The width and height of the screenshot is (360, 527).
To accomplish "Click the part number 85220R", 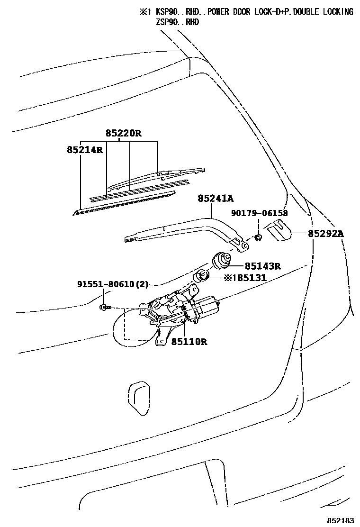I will click(x=123, y=133).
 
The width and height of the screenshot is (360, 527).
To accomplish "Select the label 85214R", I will click(x=84, y=150).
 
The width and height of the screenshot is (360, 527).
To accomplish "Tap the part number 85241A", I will click(x=216, y=200).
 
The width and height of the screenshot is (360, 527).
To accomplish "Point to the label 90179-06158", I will click(x=260, y=213).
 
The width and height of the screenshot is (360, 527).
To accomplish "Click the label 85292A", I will click(x=325, y=233).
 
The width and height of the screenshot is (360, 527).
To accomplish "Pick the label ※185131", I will click(x=245, y=278).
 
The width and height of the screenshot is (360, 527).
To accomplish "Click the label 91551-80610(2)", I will click(x=113, y=284).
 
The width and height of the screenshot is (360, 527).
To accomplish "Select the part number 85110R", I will click(x=189, y=341).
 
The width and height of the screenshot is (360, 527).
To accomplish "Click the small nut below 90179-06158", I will click(x=259, y=237).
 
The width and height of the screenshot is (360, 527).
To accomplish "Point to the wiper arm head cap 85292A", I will click(x=278, y=230).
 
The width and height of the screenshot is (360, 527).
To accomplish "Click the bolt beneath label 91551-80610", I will click(x=105, y=307).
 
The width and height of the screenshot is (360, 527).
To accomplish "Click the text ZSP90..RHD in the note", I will click(x=178, y=22).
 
